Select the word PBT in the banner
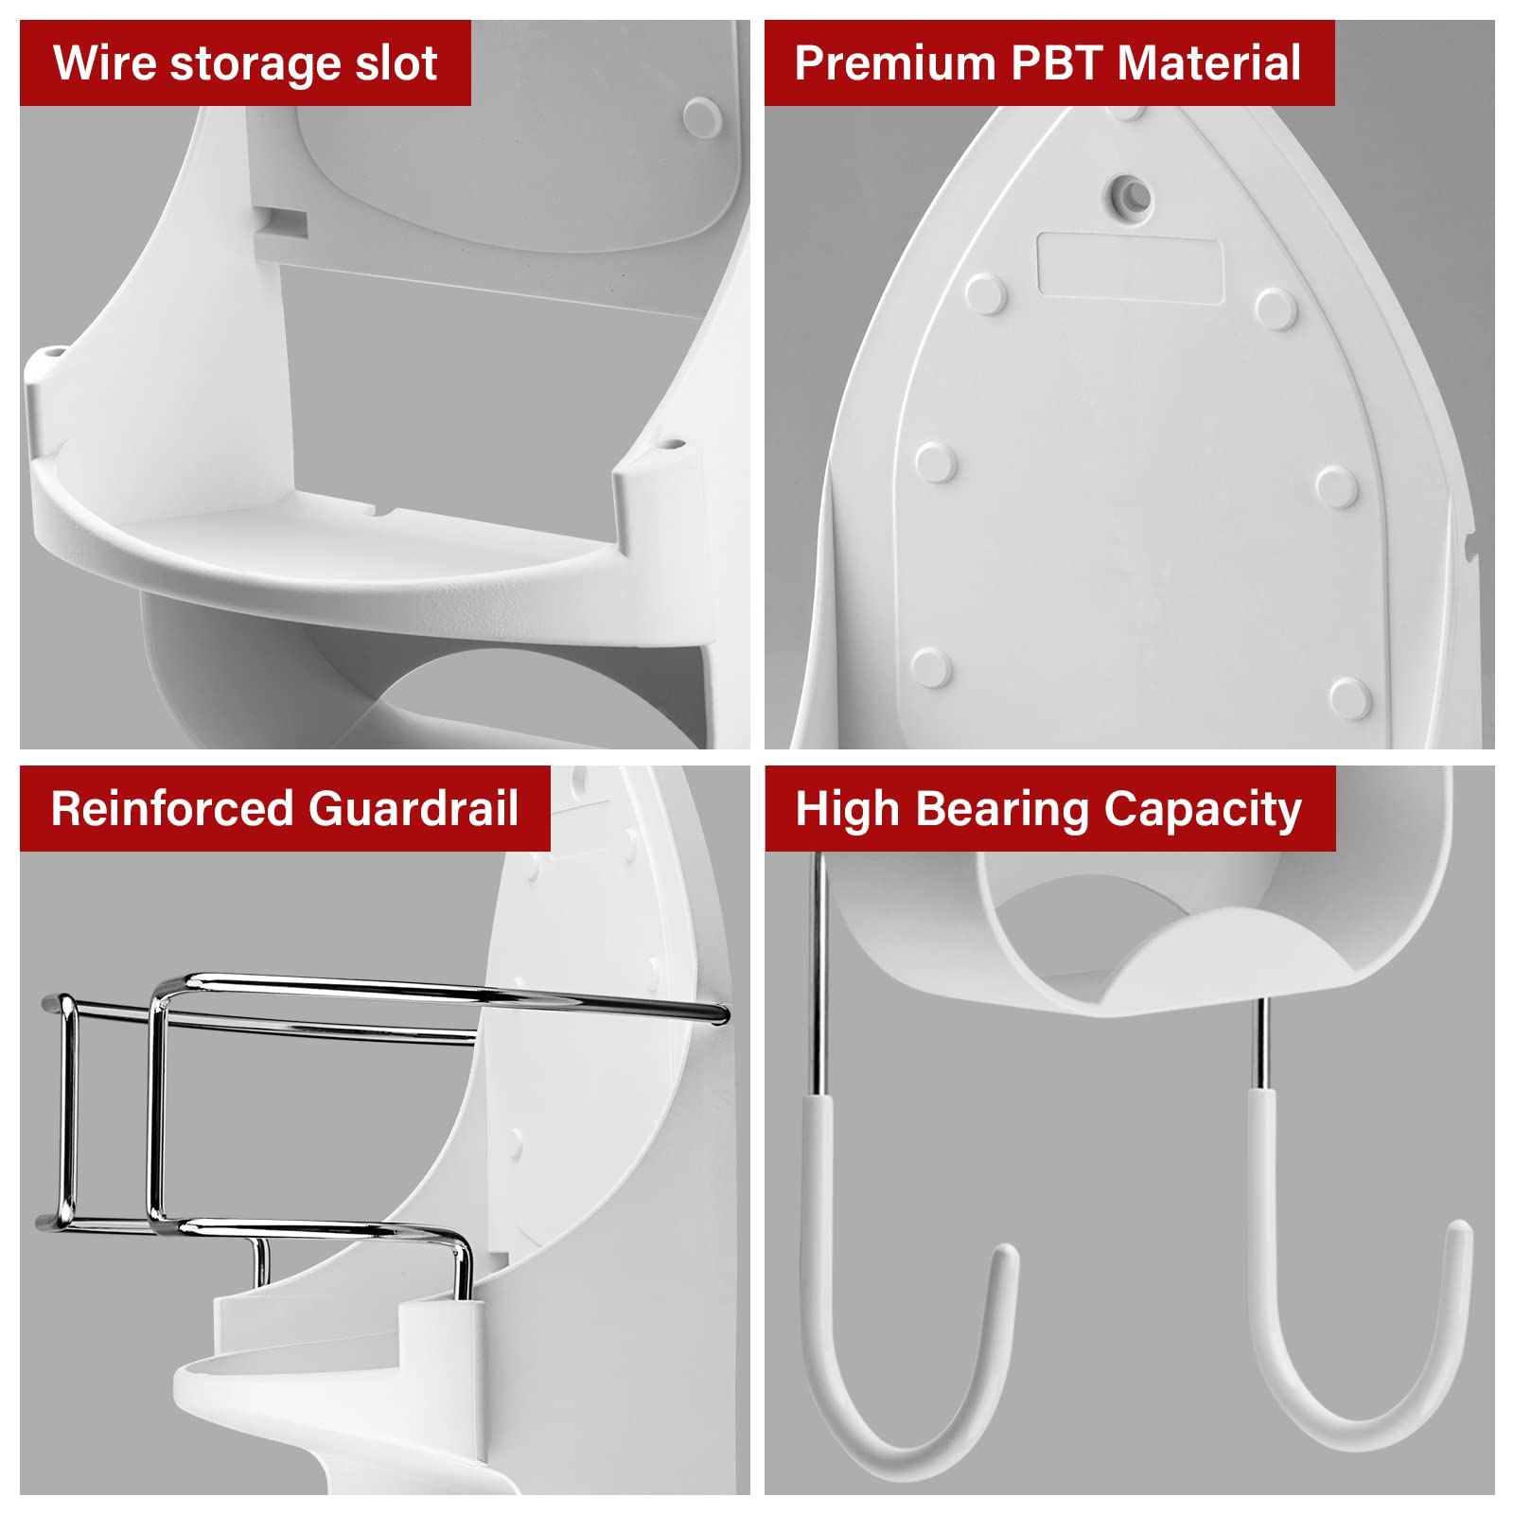pyautogui.click(x=1055, y=63)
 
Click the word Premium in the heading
pyautogui.click(x=894, y=63)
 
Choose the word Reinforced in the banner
pyautogui.click(x=172, y=809)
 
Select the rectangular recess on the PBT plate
pyautogui.click(x=1129, y=266)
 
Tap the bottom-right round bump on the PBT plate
pyautogui.click(x=1348, y=697)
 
